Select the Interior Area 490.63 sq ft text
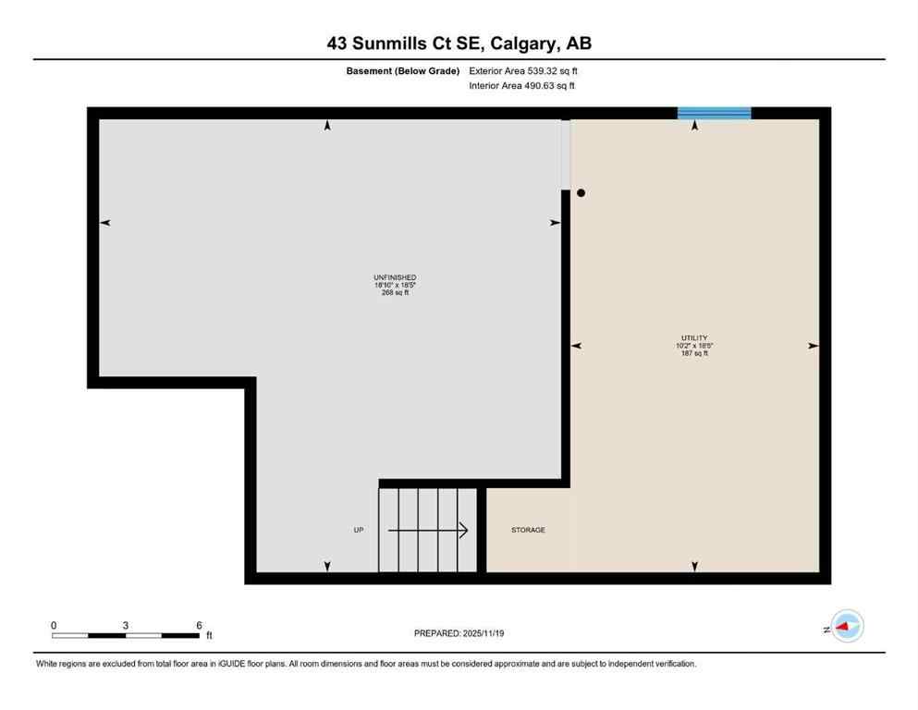click(x=522, y=86)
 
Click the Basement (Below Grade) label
click(x=404, y=70)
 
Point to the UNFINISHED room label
click(x=395, y=277)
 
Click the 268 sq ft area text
click(x=395, y=292)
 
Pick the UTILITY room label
click(x=693, y=338)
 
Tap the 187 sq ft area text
click(x=693, y=353)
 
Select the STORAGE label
click(x=528, y=531)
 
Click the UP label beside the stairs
click(x=359, y=531)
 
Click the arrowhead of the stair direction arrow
click(x=463, y=531)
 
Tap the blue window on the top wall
click(x=714, y=114)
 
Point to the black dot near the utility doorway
click(x=581, y=193)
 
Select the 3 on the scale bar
click(x=125, y=625)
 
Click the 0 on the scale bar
click(x=54, y=625)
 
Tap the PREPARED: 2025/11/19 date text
click(x=459, y=633)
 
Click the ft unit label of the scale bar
click(x=209, y=636)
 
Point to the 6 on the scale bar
click(x=198, y=625)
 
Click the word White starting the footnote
click(x=47, y=664)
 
